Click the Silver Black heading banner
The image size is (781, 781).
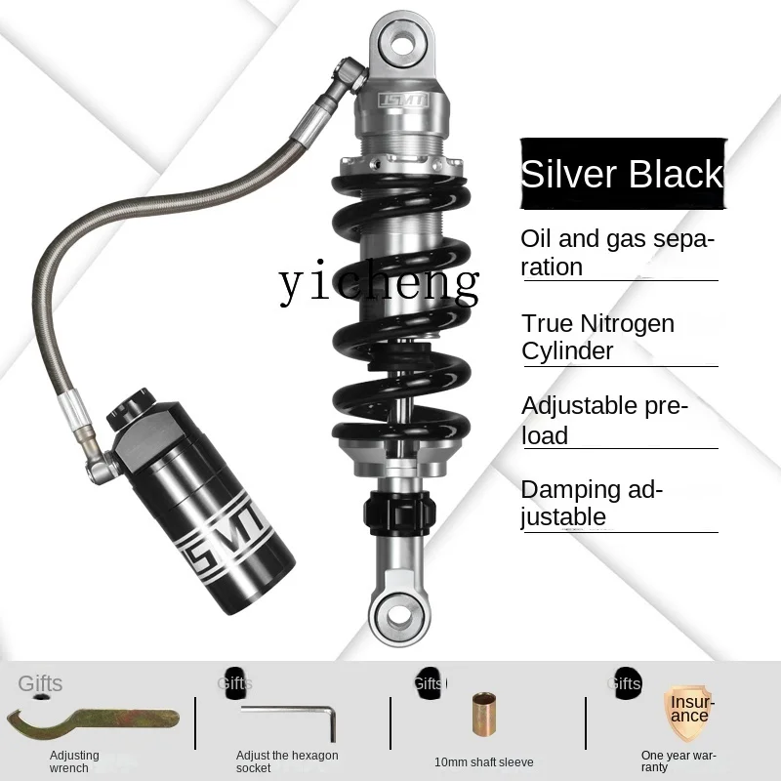click(x=621, y=175)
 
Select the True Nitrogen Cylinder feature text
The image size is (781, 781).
click(x=597, y=337)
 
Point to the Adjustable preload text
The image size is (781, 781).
click(x=604, y=420)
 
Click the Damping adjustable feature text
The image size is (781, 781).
click(x=592, y=503)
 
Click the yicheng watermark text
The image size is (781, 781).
click(x=379, y=282)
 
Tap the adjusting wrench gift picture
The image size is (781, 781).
click(x=93, y=720)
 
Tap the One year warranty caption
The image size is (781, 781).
click(x=678, y=760)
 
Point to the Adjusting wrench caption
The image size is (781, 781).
click(x=75, y=761)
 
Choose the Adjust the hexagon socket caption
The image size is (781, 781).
click(x=287, y=761)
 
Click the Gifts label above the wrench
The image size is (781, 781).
click(x=40, y=683)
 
